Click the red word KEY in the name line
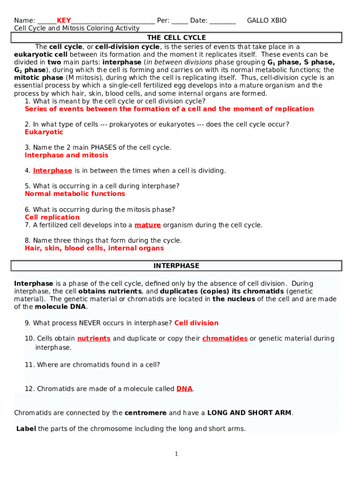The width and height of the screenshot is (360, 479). pos(64,21)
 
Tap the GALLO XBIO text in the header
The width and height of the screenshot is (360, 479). pos(266,21)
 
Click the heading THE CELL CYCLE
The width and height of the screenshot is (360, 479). pos(176,37)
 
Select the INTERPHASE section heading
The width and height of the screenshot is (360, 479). pos(176,266)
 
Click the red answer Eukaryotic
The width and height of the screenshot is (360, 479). pos(44,132)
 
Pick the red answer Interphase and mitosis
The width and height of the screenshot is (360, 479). pos(66,155)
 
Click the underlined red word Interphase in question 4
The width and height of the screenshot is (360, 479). pos(52,171)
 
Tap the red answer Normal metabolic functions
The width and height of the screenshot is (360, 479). pos(75,194)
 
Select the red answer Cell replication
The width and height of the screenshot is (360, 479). pos(52,218)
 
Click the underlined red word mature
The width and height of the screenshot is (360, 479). pos(148,225)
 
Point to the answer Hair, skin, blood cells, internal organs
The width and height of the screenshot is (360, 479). pos(94,248)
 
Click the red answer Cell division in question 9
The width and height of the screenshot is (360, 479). pos(196,323)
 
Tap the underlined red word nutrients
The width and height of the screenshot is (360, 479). pos(94,338)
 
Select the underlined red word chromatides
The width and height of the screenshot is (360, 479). pos(225,338)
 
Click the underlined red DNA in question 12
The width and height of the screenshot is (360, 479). pos(184,389)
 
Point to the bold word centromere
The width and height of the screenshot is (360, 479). pos(145,413)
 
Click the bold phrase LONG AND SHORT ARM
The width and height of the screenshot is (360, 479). pos(249,413)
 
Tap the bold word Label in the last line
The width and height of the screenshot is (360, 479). pos(26,428)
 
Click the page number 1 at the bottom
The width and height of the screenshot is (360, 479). pos(176,454)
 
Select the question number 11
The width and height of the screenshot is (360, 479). pos(29,365)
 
